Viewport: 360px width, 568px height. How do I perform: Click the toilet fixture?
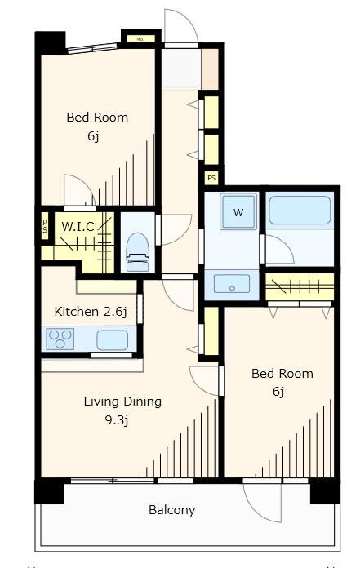click(137, 251)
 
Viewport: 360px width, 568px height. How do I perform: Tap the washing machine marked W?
click(238, 212)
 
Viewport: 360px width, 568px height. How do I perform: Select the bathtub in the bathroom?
click(300, 211)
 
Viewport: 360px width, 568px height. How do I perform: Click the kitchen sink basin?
click(113, 339)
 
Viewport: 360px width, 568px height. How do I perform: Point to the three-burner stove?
click(60, 339)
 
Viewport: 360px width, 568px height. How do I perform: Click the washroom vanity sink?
click(232, 284)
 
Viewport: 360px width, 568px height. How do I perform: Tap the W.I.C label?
click(78, 227)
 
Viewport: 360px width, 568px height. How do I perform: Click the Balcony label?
click(171, 510)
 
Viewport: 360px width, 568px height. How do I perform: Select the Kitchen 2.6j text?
click(91, 312)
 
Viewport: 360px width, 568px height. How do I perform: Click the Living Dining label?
click(122, 402)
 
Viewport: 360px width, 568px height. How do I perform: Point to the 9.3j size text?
click(116, 420)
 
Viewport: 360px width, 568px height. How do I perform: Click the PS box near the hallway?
click(211, 178)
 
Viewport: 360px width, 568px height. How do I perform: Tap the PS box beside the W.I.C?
click(45, 226)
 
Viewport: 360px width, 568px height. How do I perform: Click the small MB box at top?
click(141, 38)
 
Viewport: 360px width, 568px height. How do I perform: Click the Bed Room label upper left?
click(97, 118)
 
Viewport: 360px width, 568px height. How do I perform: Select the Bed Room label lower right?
click(282, 374)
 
